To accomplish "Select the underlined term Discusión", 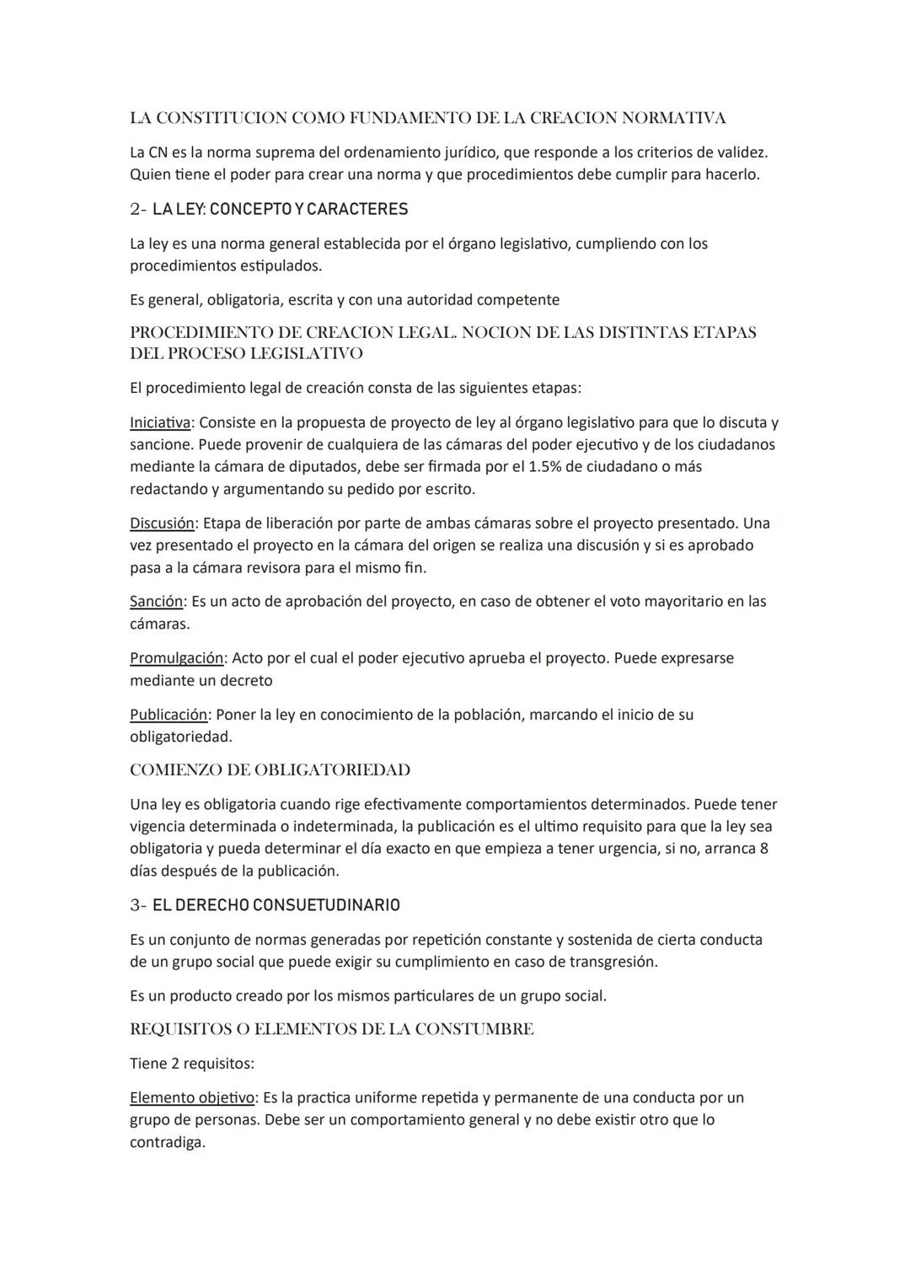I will [x=162, y=523].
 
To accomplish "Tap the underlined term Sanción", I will [x=156, y=602].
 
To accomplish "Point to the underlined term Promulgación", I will [x=176, y=658].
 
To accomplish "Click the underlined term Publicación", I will [x=169, y=715].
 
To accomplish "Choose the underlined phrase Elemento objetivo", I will [x=192, y=1098].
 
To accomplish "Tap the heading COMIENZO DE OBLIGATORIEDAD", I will [x=270, y=770].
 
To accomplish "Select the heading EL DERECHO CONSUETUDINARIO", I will [x=276, y=905].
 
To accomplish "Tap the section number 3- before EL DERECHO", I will [x=138, y=905].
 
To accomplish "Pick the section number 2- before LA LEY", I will [x=138, y=209].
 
